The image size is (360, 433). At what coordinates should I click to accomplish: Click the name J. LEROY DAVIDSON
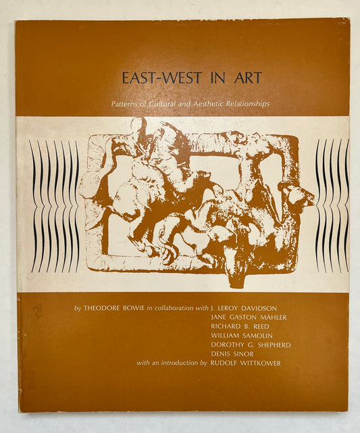coord(247,309)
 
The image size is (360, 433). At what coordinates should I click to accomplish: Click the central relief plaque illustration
coord(196,203)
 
